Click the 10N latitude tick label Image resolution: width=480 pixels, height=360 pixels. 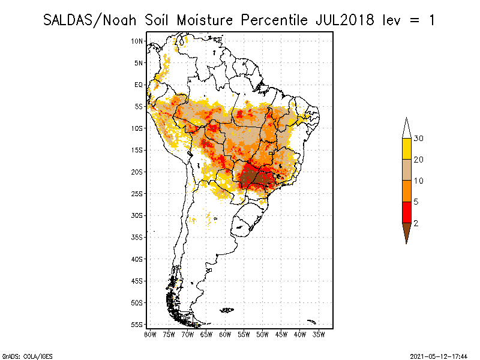point(137,41)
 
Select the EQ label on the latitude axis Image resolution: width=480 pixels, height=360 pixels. point(139,85)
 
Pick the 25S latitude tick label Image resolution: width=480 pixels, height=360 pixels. point(137,193)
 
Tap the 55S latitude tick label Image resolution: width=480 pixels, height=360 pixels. point(137,324)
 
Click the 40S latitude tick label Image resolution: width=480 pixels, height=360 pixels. point(137,259)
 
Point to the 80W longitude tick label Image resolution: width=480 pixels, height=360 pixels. point(151,334)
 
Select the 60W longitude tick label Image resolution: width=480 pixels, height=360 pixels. point(226,334)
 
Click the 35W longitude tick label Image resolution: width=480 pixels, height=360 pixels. point(319,334)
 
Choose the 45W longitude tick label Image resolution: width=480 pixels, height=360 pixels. point(281,334)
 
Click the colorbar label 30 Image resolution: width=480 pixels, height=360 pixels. point(419,139)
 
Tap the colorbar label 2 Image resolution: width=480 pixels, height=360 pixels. point(416,223)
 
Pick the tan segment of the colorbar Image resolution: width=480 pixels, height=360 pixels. point(406,170)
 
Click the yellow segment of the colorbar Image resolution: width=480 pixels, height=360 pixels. point(406,149)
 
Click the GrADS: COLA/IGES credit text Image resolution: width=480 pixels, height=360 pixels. point(20,355)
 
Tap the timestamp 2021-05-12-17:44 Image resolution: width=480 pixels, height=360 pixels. point(439,355)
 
